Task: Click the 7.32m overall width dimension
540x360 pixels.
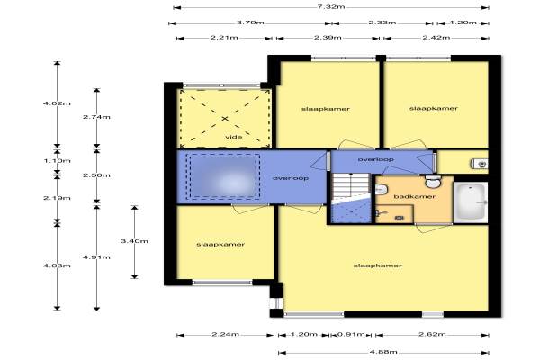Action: (331, 7)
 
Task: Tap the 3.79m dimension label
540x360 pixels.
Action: (250, 22)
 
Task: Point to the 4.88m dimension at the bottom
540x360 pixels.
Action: (383, 352)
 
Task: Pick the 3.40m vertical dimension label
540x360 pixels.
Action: (134, 241)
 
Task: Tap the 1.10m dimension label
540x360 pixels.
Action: (58, 161)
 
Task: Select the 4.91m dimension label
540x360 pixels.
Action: (96, 257)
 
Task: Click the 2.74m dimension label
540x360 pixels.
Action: (96, 117)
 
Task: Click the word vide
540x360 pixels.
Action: (233, 137)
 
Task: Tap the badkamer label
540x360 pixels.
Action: (414, 197)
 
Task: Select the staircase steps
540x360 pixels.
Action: (351, 185)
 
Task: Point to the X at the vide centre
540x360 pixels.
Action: (225, 119)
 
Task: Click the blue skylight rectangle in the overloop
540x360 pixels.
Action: (223, 177)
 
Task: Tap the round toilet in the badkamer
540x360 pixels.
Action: (433, 182)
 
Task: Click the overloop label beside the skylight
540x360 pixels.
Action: (291, 178)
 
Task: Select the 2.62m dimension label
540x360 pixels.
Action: (432, 334)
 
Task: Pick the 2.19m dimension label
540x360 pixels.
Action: (58, 198)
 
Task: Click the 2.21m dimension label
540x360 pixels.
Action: (224, 38)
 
